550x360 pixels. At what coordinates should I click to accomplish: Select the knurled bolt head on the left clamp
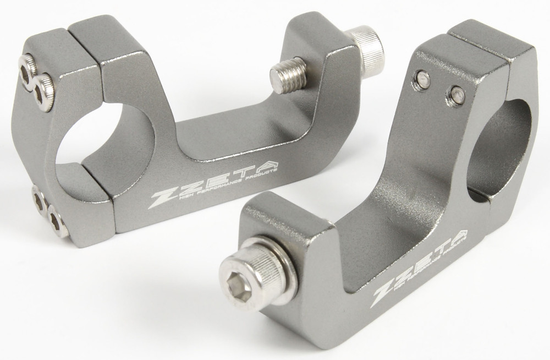(367, 50)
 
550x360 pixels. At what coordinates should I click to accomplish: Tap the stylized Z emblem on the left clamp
(164, 197)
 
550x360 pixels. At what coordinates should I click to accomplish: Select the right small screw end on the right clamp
(457, 95)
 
